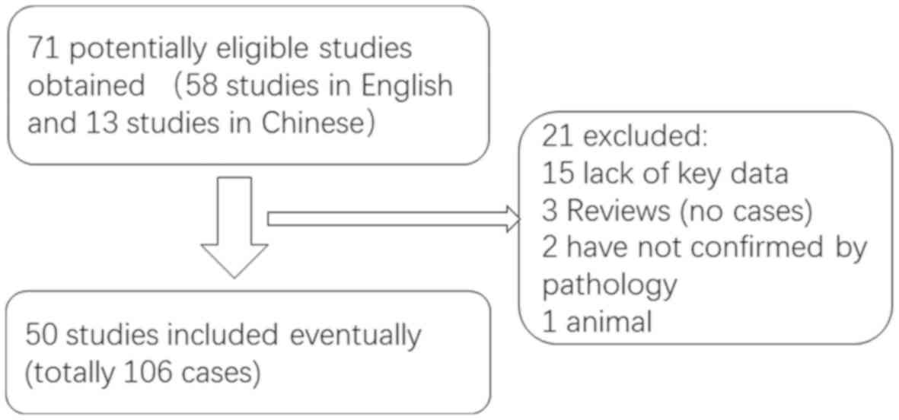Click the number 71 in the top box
click(x=39, y=49)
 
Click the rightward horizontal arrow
click(x=393, y=220)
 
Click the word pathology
click(x=609, y=285)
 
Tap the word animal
click(x=609, y=322)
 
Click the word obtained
click(x=85, y=85)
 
